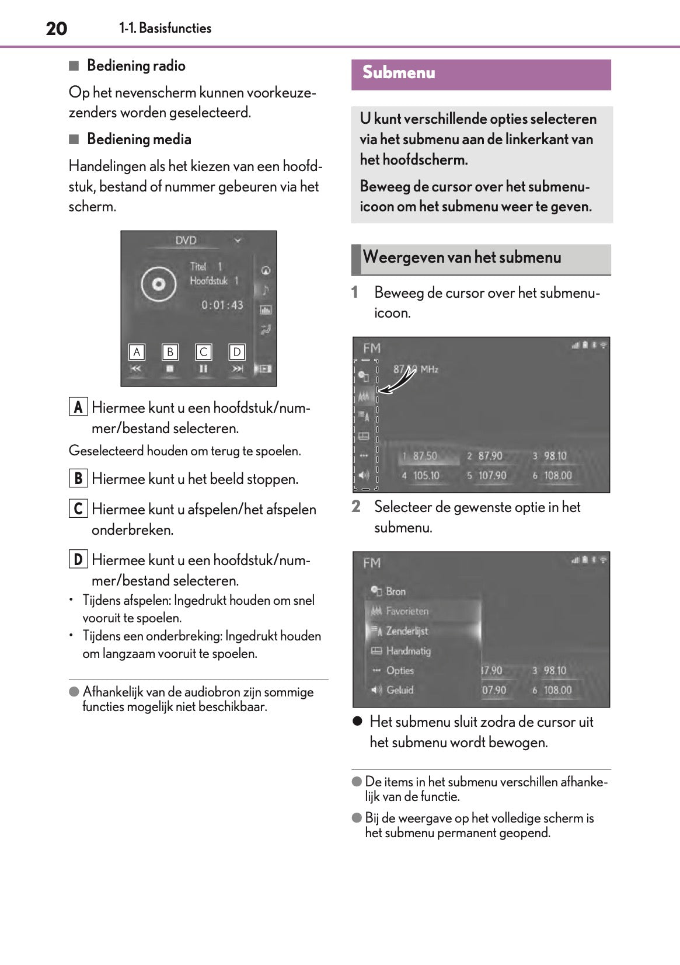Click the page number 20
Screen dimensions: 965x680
coord(57,29)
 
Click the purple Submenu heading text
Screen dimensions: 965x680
coord(399,73)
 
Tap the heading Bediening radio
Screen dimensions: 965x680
coord(136,66)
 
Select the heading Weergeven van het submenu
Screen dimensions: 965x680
coord(462,257)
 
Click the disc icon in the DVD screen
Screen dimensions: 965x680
coord(158,284)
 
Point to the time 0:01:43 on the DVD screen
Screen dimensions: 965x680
coord(222,305)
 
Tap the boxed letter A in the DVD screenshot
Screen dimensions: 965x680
coord(137,352)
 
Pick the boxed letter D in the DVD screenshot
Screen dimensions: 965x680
coord(237,352)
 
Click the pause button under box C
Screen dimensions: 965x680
coord(203,369)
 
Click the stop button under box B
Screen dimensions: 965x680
coord(170,369)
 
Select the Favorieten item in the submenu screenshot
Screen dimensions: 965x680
coord(407,611)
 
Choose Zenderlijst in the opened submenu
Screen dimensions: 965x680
coord(406,631)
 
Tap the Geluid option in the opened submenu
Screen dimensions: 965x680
coord(399,690)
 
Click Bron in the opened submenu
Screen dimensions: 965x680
coord(395,591)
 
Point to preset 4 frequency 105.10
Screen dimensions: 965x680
coord(426,476)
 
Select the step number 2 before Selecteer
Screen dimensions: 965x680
coord(356,507)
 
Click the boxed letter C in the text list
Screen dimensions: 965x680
coord(78,508)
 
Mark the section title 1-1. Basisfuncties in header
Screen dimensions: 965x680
coord(165,28)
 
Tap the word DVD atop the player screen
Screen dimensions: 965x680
coord(186,241)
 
